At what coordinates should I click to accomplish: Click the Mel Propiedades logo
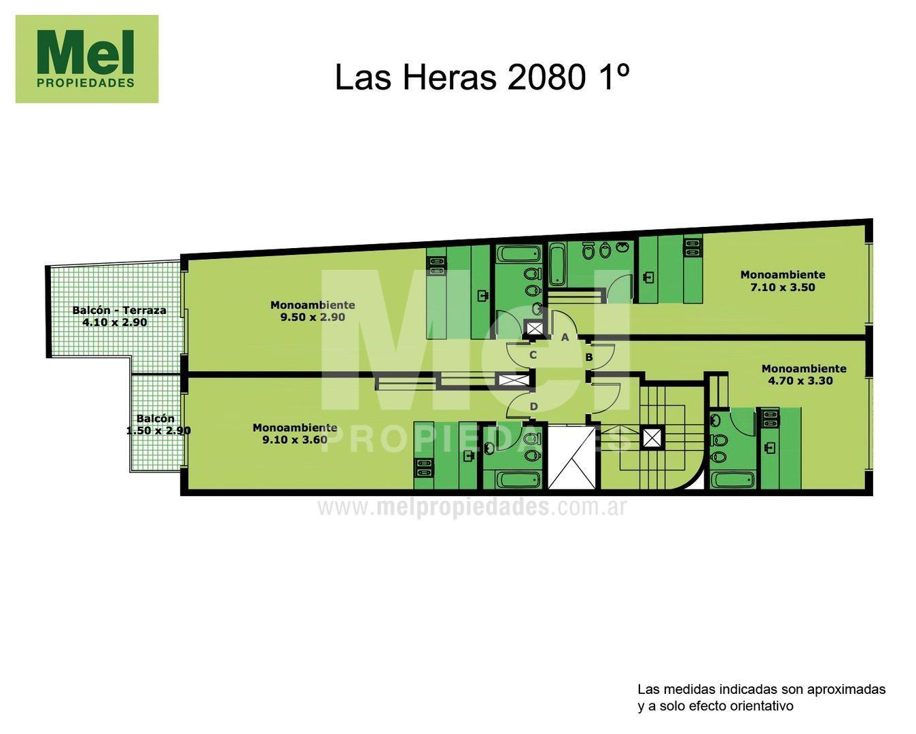coord(87,59)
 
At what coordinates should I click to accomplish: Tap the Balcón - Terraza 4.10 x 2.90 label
coord(119,316)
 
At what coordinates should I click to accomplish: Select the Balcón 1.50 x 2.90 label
coord(158,425)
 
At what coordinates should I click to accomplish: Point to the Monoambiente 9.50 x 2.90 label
coord(313,311)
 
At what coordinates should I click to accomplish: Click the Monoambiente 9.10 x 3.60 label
coord(295,434)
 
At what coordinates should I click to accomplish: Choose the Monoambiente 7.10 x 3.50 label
coord(783,281)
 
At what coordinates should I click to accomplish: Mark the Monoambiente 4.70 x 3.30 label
coord(804,374)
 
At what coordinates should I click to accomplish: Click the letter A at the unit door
coord(565,337)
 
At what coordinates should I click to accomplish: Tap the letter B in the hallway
coord(589,357)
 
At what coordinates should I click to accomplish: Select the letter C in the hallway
coord(533,355)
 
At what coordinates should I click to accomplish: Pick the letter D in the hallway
coord(533,406)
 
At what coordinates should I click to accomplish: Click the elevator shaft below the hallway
coord(571,457)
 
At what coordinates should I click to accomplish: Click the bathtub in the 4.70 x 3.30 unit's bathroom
coord(733,480)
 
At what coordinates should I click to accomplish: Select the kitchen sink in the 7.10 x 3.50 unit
coord(649,277)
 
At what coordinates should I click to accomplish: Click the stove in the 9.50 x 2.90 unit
coord(436,266)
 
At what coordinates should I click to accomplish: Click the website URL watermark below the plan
coord(471,507)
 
